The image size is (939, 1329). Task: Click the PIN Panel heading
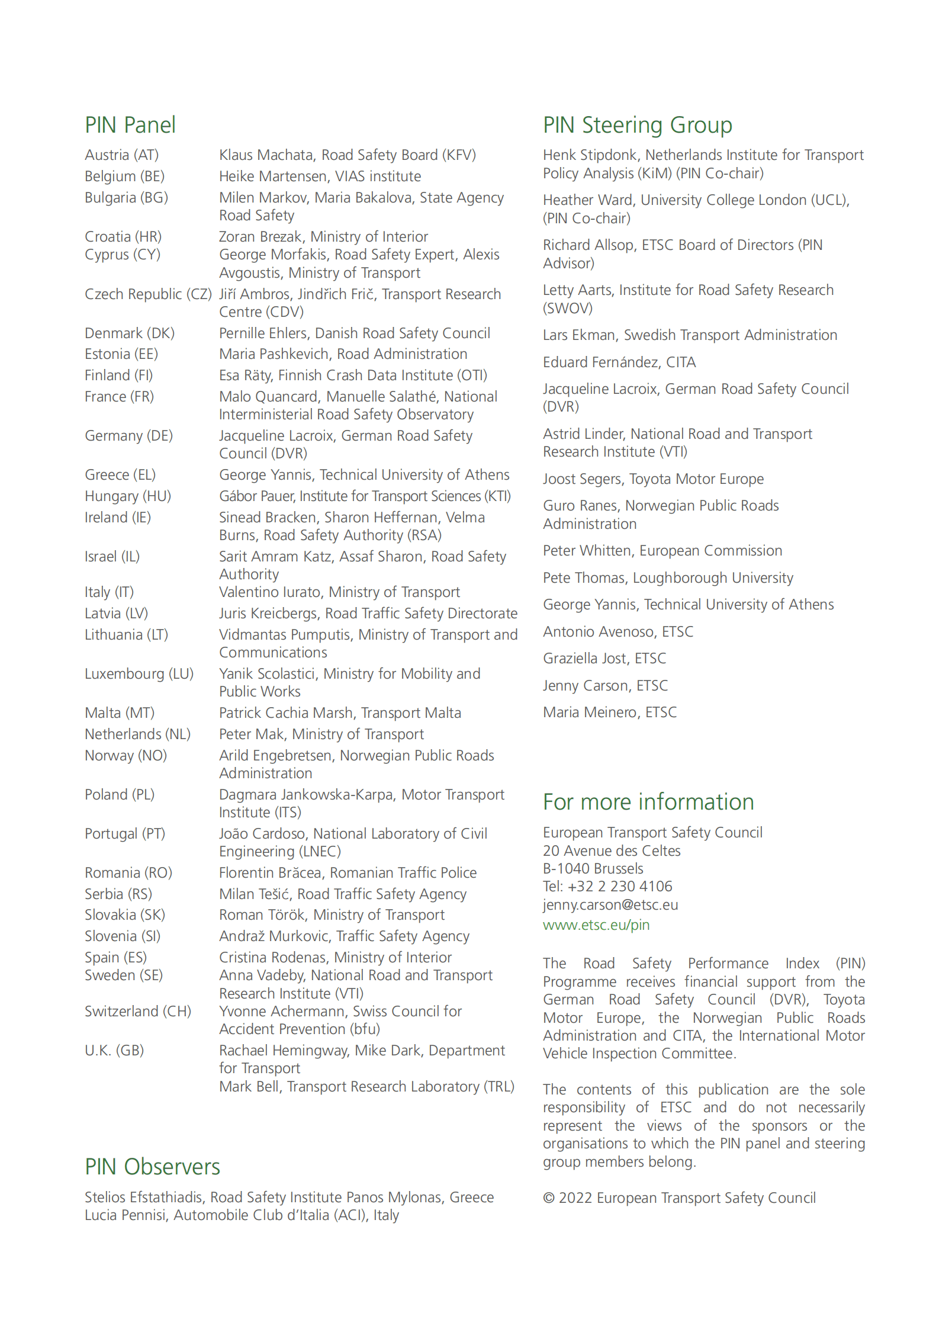(130, 125)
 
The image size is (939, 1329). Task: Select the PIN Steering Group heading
(637, 125)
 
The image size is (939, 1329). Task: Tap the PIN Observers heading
(152, 1166)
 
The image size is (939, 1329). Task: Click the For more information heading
(648, 802)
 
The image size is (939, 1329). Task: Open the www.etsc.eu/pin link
(596, 924)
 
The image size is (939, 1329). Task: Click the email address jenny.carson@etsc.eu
(610, 904)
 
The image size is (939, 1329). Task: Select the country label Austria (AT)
(121, 155)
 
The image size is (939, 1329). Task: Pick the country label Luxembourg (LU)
(139, 673)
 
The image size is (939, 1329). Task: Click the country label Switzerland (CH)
(137, 1011)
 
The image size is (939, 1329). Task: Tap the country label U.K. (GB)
(114, 1050)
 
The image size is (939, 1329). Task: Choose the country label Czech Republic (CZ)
(147, 294)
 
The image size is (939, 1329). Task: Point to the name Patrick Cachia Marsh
(285, 712)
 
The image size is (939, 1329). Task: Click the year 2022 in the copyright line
(575, 1198)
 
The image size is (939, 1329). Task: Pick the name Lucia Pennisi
(125, 1215)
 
